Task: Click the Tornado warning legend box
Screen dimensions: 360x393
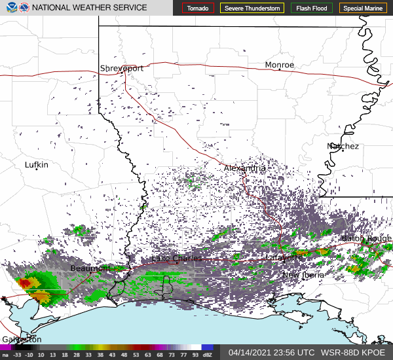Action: (197, 8)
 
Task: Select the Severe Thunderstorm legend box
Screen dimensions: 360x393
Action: (253, 8)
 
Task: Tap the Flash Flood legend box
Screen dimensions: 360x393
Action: (312, 8)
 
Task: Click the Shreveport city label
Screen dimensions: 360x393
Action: (122, 68)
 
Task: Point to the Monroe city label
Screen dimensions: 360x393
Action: (280, 65)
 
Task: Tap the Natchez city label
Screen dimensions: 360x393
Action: (343, 146)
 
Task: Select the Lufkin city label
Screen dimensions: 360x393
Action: (37, 165)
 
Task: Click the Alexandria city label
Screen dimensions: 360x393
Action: (245, 168)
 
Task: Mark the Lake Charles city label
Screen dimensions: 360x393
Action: (177, 259)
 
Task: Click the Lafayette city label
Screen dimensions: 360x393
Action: (284, 257)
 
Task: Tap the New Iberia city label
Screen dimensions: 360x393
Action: (303, 275)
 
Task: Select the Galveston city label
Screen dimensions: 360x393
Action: (22, 339)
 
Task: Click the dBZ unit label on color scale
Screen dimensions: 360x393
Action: (208, 355)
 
